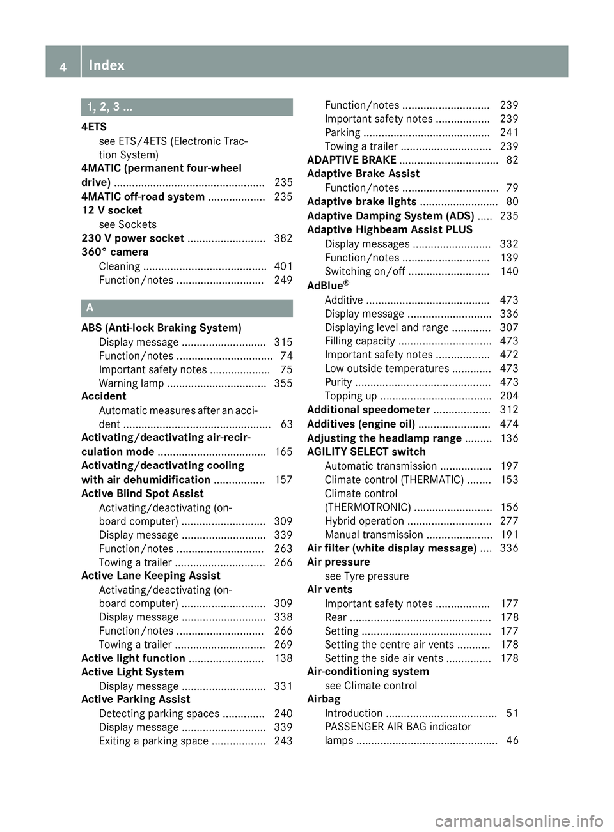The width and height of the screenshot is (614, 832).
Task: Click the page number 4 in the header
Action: pos(63,66)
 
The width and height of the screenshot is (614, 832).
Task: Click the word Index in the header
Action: pos(107,65)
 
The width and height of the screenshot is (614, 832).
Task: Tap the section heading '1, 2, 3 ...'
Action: pos(110,107)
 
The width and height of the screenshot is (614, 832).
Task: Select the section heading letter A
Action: pos(90,308)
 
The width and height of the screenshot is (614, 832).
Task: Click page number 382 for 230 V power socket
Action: pos(283,238)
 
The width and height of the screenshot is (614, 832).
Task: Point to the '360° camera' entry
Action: pos(114,252)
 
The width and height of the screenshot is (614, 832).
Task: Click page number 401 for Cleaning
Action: pos(283,266)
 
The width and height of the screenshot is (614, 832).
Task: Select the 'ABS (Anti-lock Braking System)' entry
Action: pos(161,328)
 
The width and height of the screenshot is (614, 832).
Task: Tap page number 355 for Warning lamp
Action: pos(283,383)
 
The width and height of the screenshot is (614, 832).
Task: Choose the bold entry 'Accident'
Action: pos(104,397)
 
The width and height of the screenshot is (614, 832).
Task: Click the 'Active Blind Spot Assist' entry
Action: pos(142,494)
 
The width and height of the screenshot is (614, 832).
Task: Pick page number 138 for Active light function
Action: pos(283,659)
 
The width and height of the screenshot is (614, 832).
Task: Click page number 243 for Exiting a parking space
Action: pos(283,741)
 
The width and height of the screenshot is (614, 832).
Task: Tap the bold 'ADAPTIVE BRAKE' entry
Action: pos(352,160)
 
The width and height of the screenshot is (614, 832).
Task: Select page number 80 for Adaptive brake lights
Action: pos(512,202)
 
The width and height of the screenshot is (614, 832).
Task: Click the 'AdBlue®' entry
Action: pos(328,286)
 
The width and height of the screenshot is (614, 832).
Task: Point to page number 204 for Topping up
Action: pos(509,396)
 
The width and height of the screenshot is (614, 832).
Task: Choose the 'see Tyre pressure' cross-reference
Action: pos(366,576)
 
